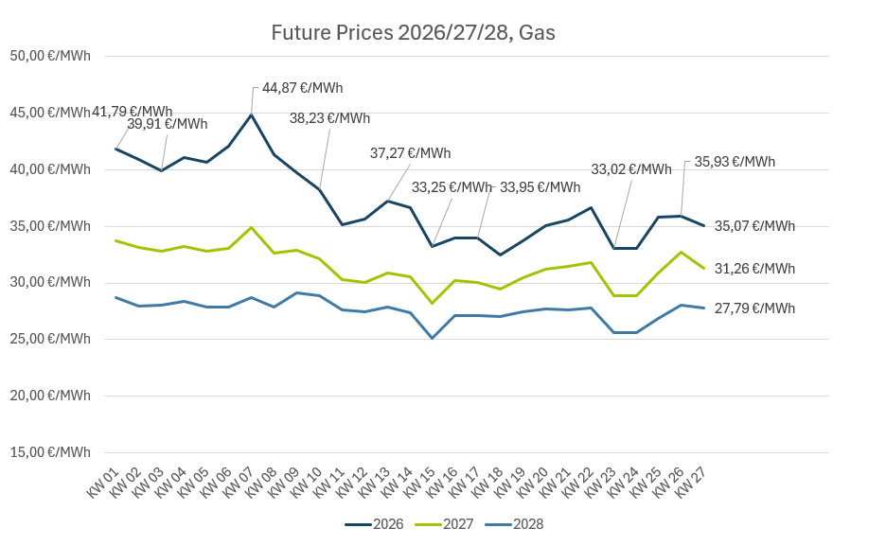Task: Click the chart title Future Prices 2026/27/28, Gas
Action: click(x=413, y=33)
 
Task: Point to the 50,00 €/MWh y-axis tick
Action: click(x=50, y=56)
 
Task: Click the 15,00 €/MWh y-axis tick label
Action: click(x=50, y=452)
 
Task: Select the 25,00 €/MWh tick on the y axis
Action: click(x=50, y=339)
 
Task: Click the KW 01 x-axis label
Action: click(x=101, y=481)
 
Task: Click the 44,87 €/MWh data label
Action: click(x=302, y=88)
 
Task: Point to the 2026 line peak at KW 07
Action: click(x=252, y=114)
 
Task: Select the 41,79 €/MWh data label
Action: click(x=132, y=112)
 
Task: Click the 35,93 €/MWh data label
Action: click(x=735, y=162)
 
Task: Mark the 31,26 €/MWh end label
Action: click(x=754, y=269)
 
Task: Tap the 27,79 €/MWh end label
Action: click(x=754, y=308)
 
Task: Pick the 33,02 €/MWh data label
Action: click(x=630, y=169)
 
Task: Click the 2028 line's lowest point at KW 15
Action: click(x=432, y=338)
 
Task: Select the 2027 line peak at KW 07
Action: click(x=252, y=227)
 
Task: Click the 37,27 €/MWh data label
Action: click(x=410, y=153)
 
